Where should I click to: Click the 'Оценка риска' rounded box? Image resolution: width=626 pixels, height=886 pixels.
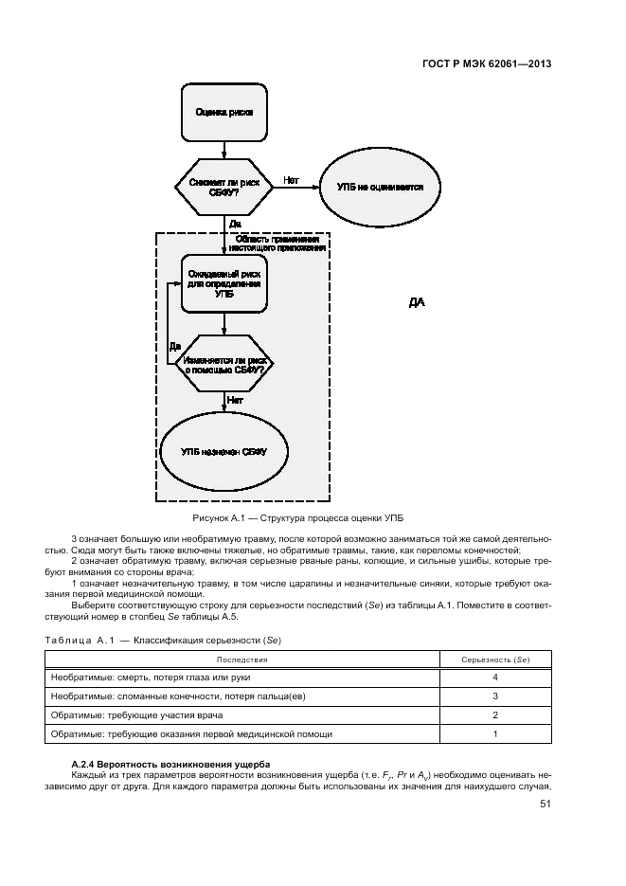[224, 112]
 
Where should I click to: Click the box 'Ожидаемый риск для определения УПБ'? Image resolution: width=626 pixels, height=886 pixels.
[224, 282]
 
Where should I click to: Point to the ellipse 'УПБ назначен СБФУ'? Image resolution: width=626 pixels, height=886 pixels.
[224, 452]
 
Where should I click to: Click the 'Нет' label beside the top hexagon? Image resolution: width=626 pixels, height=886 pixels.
[291, 179]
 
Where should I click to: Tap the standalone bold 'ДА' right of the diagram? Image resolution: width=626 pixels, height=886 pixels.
[417, 303]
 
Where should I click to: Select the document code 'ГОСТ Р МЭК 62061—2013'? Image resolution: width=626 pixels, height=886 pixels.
[487, 64]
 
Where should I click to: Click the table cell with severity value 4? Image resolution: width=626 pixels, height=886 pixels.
[494, 678]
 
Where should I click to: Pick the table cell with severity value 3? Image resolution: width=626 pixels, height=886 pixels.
[494, 696]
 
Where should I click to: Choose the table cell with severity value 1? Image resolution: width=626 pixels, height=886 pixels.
[494, 733]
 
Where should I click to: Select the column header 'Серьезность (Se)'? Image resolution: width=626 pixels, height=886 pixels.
[494, 660]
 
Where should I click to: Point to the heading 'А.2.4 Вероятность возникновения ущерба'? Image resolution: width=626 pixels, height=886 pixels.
[170, 764]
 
